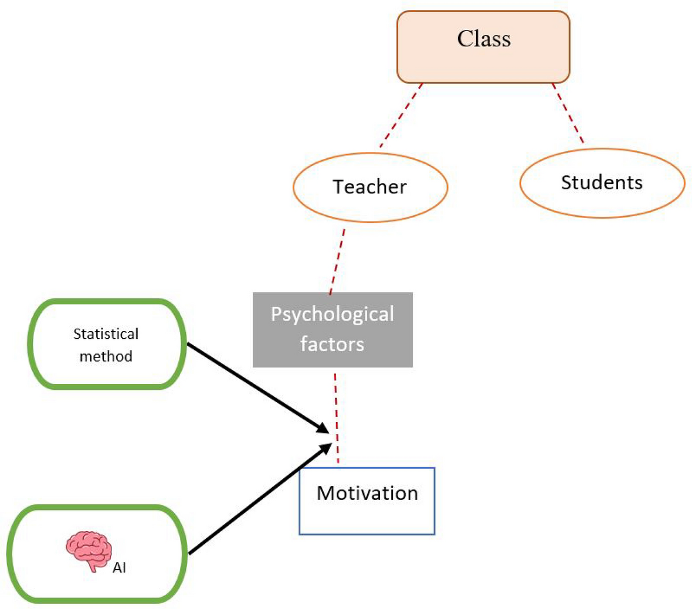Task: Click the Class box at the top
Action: pyautogui.click(x=483, y=47)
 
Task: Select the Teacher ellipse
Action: pyautogui.click(x=370, y=188)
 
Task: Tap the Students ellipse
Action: pyautogui.click(x=602, y=183)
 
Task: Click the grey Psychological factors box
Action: pyautogui.click(x=333, y=330)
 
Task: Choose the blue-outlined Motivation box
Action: pyautogui.click(x=367, y=501)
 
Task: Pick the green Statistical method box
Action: pyautogui.click(x=107, y=345)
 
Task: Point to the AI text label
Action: pyautogui.click(x=119, y=567)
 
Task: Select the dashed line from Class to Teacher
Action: pyautogui.click(x=401, y=115)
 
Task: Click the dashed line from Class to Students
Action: pyautogui.click(x=568, y=113)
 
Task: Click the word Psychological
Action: pyautogui.click(x=333, y=315)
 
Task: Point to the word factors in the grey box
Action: pyautogui.click(x=332, y=344)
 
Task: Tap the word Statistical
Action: pyautogui.click(x=106, y=334)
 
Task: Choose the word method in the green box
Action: pyautogui.click(x=106, y=356)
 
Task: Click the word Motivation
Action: pyautogui.click(x=367, y=494)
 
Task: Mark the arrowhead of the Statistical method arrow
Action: pyautogui.click(x=324, y=428)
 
